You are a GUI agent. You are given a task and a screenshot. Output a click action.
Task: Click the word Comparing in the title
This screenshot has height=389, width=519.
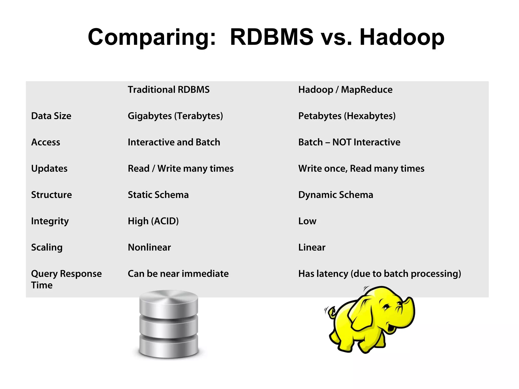152,37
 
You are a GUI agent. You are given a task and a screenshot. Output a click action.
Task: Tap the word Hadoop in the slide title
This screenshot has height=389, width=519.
402,37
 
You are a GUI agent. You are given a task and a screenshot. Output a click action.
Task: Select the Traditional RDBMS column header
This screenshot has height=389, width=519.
169,90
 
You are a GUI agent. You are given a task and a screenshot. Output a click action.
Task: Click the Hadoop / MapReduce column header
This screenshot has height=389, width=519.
345,90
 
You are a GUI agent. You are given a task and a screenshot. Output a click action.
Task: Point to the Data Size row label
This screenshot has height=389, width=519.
51,116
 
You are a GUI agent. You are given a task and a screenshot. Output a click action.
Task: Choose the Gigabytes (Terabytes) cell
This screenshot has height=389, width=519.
175,116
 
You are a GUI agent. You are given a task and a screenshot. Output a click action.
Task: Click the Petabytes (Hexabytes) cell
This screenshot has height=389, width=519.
347,116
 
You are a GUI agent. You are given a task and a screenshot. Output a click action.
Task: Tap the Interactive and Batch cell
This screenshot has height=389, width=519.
174,142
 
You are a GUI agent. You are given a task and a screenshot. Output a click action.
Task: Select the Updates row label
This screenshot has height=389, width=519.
49,169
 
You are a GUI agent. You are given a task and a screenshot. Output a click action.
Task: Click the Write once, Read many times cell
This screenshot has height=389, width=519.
361,169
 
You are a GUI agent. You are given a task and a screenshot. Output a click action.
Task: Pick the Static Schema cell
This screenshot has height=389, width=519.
158,195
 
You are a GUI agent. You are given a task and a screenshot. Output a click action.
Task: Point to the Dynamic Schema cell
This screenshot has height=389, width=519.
336,195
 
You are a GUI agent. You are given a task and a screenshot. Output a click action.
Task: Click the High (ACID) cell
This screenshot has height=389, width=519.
153,221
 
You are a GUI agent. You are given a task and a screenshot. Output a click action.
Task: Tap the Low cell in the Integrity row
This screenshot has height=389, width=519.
307,221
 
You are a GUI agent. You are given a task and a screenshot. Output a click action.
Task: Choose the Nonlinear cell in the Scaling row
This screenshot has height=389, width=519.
149,247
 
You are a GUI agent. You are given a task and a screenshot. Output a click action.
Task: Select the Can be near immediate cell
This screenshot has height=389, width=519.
178,274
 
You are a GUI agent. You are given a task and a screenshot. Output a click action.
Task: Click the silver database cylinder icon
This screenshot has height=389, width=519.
169,324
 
